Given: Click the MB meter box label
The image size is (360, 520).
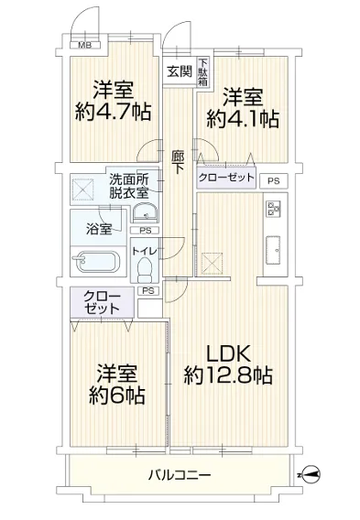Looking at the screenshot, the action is point(84,45).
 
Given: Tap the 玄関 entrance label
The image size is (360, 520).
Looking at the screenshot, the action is point(180,70).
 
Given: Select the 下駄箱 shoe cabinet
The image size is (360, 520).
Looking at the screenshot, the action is point(202,72).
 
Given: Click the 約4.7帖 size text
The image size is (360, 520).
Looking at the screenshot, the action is point(113,112).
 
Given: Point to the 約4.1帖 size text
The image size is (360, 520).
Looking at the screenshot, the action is point(243,119).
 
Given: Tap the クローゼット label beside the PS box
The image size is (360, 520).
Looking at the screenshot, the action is point(226,178).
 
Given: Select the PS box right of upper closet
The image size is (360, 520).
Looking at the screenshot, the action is point(273,181).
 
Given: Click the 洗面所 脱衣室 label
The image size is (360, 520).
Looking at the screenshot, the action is point(129,186).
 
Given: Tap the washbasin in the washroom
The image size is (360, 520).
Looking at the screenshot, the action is point(146,212).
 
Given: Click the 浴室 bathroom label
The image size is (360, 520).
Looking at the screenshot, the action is point(99,229).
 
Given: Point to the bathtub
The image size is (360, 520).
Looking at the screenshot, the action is point(97,262).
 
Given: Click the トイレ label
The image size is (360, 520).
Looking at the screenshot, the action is point(145,251).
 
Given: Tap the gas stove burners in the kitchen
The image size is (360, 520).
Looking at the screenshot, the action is point(273,209).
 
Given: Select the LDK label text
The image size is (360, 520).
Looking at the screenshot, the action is point(228,354).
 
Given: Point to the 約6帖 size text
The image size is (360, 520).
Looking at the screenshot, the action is point(117,395).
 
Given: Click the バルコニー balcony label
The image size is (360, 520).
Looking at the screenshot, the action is point(180,475).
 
